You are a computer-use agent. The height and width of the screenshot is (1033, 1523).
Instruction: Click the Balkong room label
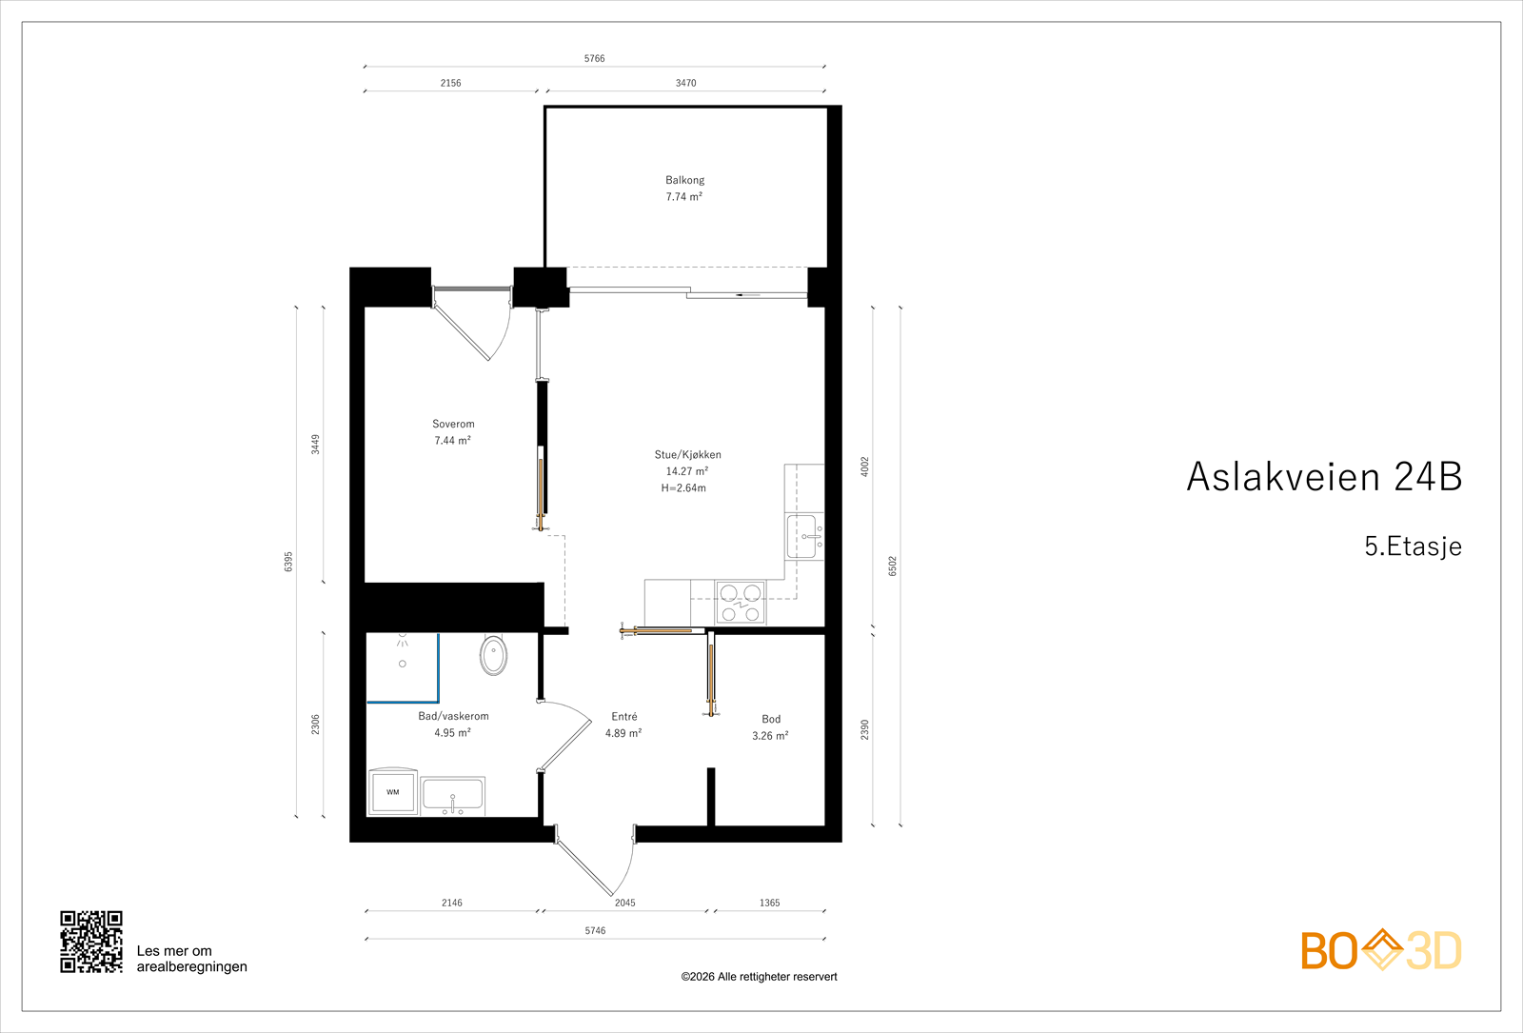[x=684, y=180]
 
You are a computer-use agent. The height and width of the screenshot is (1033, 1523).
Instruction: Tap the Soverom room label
[x=453, y=424]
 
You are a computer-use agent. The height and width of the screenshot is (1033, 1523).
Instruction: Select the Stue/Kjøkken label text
[x=687, y=454]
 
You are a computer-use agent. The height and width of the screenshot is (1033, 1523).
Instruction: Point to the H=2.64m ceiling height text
[x=683, y=488]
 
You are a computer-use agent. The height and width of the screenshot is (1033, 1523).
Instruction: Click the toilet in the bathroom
[x=493, y=655]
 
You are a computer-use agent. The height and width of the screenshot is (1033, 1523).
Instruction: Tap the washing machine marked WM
[x=393, y=792]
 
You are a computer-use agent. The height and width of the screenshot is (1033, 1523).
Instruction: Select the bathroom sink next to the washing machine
[x=453, y=796]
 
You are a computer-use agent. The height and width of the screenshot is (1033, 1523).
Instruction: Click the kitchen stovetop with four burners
[x=741, y=603]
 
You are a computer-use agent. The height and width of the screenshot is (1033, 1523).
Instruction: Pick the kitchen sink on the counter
[x=802, y=537]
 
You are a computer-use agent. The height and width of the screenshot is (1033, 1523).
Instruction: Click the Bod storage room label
[x=771, y=719]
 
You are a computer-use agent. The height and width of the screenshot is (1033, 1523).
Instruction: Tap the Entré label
[x=624, y=716]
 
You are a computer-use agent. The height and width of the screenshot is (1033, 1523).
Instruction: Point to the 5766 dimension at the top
[x=594, y=59]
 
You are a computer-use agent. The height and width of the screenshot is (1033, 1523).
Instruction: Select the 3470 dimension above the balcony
[x=685, y=83]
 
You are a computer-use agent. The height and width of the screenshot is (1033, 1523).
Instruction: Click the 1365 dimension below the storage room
[x=769, y=903]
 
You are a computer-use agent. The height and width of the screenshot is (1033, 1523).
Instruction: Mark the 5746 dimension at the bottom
[x=595, y=930]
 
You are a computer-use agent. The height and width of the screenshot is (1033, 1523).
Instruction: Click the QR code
[x=91, y=942]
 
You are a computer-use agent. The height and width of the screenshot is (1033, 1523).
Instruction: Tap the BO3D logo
[x=1380, y=950]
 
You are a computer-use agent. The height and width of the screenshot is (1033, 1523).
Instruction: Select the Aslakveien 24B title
[x=1323, y=476]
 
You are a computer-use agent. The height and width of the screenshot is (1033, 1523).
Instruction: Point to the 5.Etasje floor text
[x=1413, y=546]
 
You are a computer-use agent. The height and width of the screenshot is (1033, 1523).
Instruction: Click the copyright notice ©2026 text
[x=759, y=977]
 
